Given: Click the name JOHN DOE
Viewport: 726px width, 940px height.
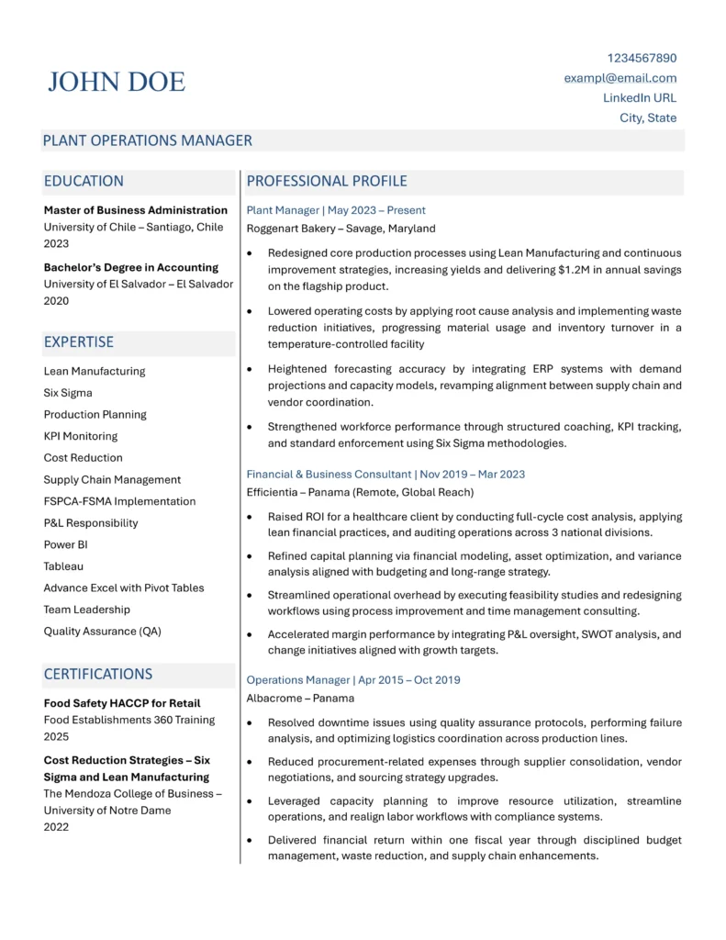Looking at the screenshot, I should (117, 82).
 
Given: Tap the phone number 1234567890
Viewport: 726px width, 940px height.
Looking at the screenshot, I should (642, 58).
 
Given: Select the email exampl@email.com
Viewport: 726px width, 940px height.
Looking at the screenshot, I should (620, 78).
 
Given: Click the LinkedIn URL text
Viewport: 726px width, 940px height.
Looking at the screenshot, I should (640, 97).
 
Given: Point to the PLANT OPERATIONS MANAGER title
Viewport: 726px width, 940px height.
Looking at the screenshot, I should (148, 140).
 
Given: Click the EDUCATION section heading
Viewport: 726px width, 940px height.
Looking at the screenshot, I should (84, 181).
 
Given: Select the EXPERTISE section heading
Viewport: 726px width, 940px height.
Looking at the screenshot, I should (79, 341).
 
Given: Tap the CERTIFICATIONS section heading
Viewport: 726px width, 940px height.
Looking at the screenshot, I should (98, 674).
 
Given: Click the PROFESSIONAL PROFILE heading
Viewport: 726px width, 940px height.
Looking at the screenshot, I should (327, 181).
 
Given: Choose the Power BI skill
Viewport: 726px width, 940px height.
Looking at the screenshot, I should (66, 544).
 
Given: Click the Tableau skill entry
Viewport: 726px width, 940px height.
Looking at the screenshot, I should (64, 566).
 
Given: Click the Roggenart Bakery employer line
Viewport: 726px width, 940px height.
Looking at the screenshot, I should (341, 229).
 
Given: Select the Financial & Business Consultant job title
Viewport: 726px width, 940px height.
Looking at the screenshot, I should (329, 475).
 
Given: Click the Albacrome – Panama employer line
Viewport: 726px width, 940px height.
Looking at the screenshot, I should (300, 698).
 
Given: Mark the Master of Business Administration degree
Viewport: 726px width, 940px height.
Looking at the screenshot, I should (136, 210).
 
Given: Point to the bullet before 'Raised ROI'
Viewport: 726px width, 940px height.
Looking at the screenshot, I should (250, 517).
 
